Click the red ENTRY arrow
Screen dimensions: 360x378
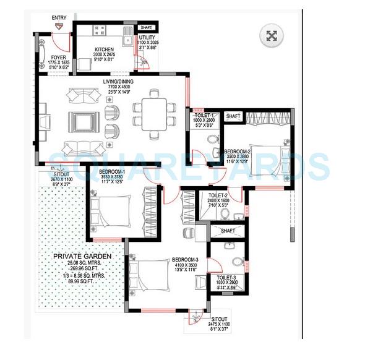(60, 26)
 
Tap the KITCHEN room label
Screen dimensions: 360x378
(103, 49)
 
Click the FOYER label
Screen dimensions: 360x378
(50, 58)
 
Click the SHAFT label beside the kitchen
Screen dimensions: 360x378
(147, 27)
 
